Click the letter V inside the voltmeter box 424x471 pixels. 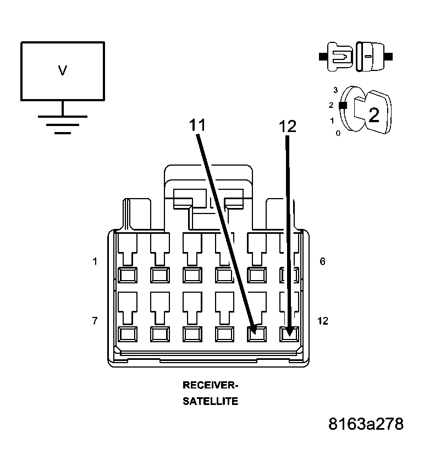pos(63,70)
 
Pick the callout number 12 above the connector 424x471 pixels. pos(287,127)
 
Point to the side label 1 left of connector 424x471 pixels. pos(95,262)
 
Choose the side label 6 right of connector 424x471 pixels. pos(322,261)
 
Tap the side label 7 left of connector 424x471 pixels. pos(95,320)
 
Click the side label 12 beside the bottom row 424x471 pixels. pos(323,320)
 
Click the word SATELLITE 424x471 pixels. pos(210,401)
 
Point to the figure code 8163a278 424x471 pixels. pos(366,424)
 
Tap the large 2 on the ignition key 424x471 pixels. pos(373,115)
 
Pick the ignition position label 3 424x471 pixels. pos(335,89)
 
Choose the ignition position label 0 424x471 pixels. pos(338,133)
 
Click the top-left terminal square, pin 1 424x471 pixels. pos(128,274)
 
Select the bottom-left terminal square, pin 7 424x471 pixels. pos(128,333)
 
